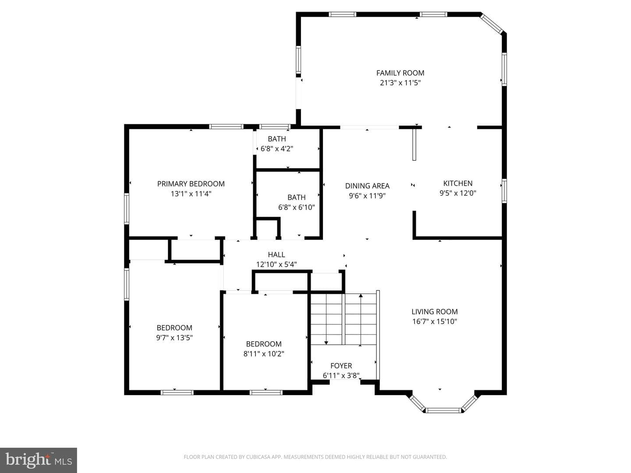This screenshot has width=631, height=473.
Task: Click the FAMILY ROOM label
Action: tap(400, 73)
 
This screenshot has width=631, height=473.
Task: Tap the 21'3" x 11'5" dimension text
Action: tap(400, 83)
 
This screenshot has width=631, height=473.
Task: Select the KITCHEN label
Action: tap(457, 183)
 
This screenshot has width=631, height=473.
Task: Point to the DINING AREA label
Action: tap(367, 186)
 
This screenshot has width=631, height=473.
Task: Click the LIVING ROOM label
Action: tap(434, 311)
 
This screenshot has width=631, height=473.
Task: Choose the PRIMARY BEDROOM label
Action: tap(191, 184)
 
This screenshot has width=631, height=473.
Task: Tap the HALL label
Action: tap(276, 254)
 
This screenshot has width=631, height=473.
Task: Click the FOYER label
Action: tap(341, 366)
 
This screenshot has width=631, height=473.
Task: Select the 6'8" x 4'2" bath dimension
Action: tap(277, 149)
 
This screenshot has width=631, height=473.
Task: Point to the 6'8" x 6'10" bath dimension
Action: tap(296, 207)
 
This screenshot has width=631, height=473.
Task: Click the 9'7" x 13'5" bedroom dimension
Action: tap(174, 337)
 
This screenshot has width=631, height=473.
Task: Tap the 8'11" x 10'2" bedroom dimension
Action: tap(264, 353)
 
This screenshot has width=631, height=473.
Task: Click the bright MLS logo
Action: tap(39, 460)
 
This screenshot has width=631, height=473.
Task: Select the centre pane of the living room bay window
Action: tap(443, 410)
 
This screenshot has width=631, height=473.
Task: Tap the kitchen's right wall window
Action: tap(504, 191)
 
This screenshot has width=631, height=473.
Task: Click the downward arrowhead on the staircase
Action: tap(326, 342)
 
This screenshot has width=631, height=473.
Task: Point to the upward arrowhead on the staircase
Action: tap(361, 295)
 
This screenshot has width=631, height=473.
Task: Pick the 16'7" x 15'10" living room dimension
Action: tap(434, 321)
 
